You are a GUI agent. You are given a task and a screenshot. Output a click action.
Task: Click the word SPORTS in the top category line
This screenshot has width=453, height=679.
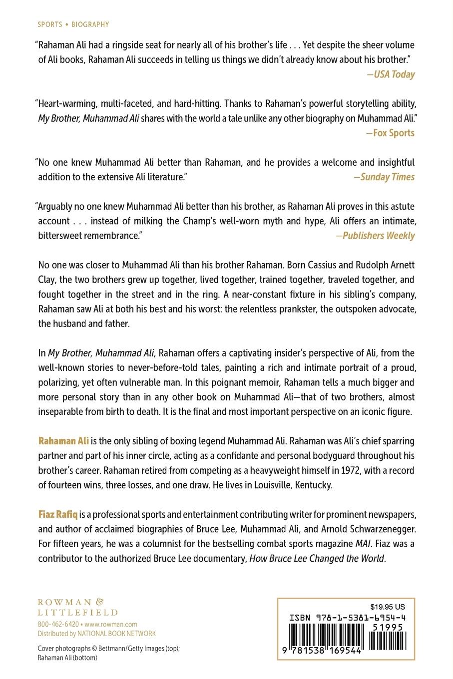tap(50, 24)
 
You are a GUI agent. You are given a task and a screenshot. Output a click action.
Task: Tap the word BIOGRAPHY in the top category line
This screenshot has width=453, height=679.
tap(90, 24)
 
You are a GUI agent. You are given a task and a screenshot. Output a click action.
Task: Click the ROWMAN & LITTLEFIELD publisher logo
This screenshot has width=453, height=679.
tap(77, 607)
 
